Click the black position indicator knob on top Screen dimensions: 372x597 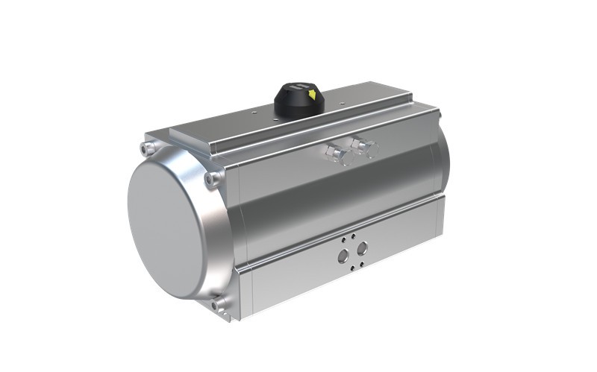coord(299,100)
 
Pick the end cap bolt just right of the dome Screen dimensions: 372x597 coord(214,179)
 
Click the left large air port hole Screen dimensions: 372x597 coord(343,255)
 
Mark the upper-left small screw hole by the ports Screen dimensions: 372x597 coord(343,240)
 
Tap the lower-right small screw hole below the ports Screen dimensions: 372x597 coord(362,262)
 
